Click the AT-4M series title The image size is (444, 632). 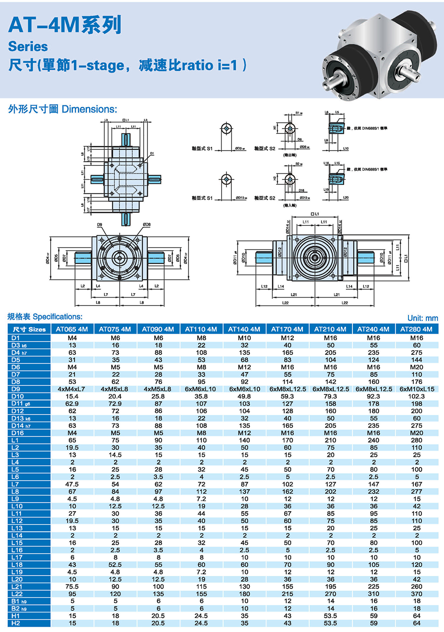pos(65,25)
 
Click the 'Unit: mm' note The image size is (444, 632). pos(422,318)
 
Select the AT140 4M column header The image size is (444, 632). pos(244,329)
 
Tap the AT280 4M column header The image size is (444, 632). pos(416,329)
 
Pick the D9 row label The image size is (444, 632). pos(16,389)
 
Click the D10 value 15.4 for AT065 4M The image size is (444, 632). pos(72,396)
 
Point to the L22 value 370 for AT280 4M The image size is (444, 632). pos(416,594)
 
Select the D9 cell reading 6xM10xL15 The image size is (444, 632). pos(417,389)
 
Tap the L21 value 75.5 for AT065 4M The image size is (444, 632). pos(72,587)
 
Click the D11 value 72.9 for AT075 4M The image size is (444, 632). pos(115,404)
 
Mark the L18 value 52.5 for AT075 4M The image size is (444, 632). pos(115,565)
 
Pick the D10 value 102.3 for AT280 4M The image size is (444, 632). pos(416,396)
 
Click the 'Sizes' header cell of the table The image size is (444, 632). pos(29,329)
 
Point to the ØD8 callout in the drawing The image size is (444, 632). pos(147,225)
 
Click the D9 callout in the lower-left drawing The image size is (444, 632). pos(99,225)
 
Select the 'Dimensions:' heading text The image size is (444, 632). pos(89,109)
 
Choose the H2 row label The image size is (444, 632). pos(16,623)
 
